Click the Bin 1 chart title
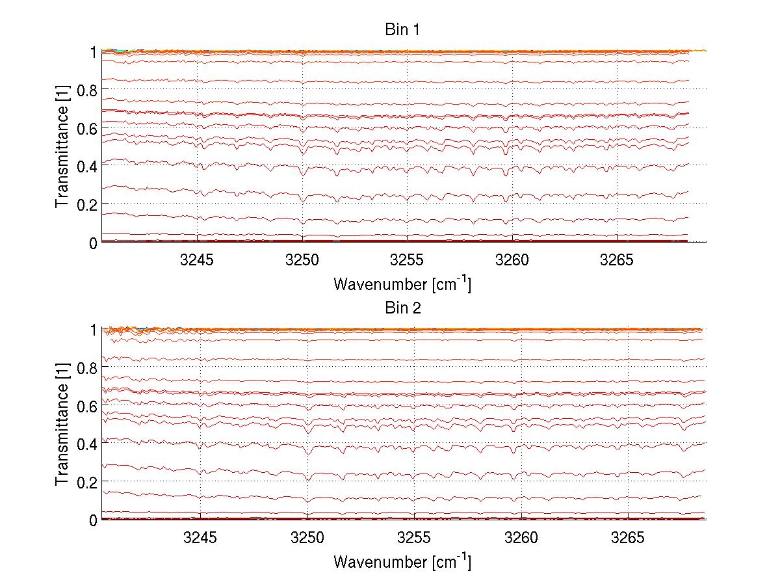[x=404, y=31]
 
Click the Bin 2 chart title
[x=404, y=308]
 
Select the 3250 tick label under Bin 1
[x=302, y=260]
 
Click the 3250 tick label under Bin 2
[x=307, y=538]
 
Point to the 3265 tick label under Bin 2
[x=627, y=538]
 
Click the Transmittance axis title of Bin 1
[x=62, y=146]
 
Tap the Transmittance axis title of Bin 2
[x=62, y=424]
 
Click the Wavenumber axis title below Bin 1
[x=402, y=284]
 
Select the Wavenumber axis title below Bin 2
[x=402, y=561]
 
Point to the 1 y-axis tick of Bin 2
[x=94, y=330]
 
